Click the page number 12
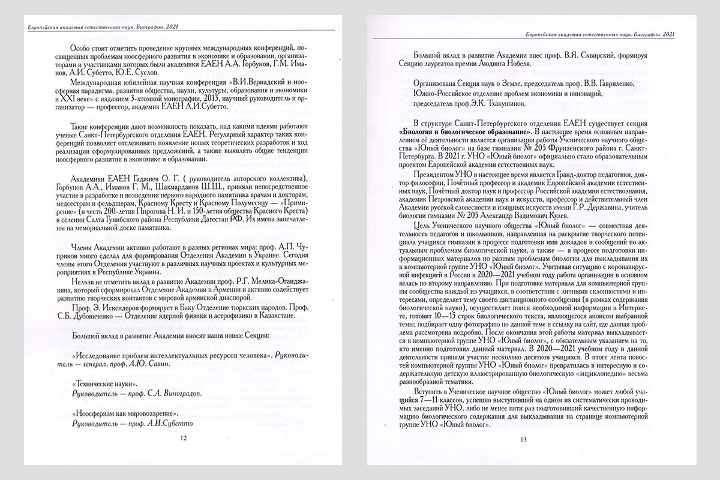[x=184, y=438]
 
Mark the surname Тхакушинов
[x=500, y=103]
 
